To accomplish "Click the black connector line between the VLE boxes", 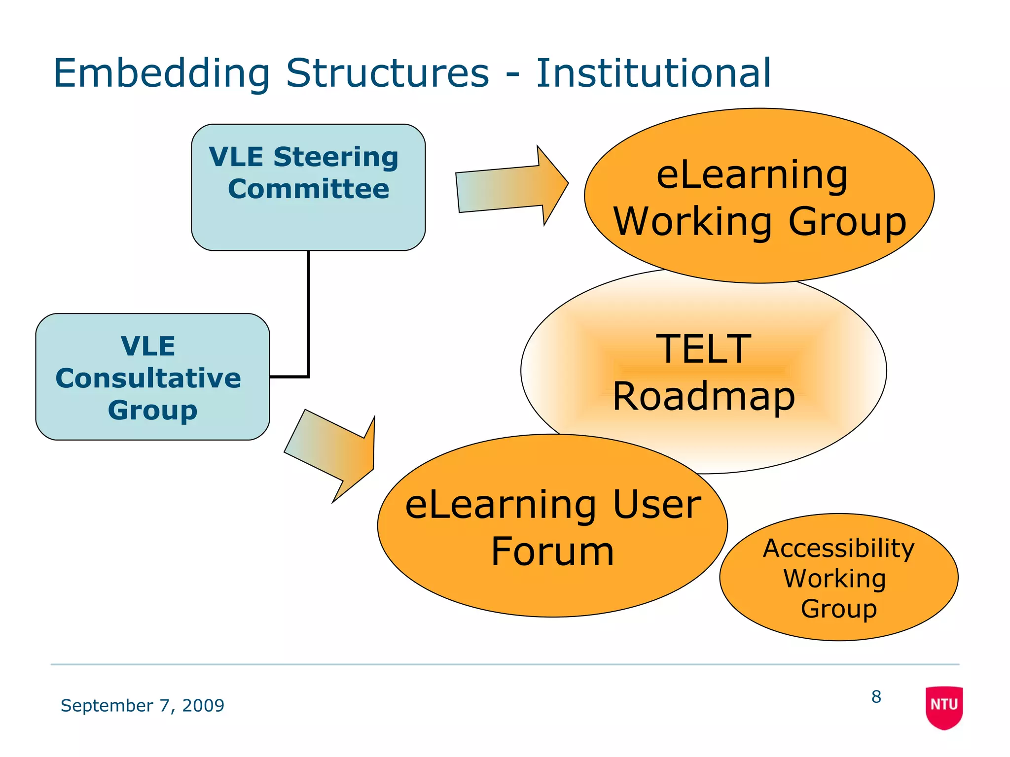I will tap(309, 315).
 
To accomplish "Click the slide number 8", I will tap(876, 696).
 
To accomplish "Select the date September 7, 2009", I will tap(142, 705).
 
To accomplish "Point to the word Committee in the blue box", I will tap(308, 189).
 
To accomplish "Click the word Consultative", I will tap(148, 378).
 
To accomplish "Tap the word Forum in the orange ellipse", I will tap(552, 551).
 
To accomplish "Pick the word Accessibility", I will tap(838, 548).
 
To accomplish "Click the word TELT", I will tap(703, 349).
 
